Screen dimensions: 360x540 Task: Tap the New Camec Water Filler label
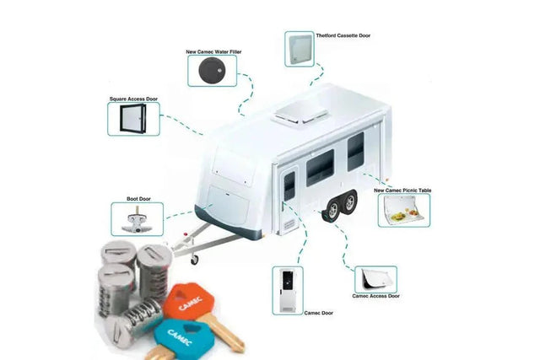(x=213, y=51)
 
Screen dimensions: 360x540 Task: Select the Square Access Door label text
(x=133, y=99)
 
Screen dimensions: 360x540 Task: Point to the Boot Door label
(x=138, y=199)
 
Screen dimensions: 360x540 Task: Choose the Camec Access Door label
(x=375, y=296)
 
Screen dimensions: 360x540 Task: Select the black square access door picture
(x=133, y=119)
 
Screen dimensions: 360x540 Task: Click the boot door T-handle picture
(x=137, y=220)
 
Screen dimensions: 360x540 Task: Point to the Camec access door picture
(x=375, y=277)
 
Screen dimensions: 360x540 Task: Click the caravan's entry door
(x=289, y=199)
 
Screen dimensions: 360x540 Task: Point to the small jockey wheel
(x=195, y=258)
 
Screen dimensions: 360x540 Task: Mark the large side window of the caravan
(x=320, y=167)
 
